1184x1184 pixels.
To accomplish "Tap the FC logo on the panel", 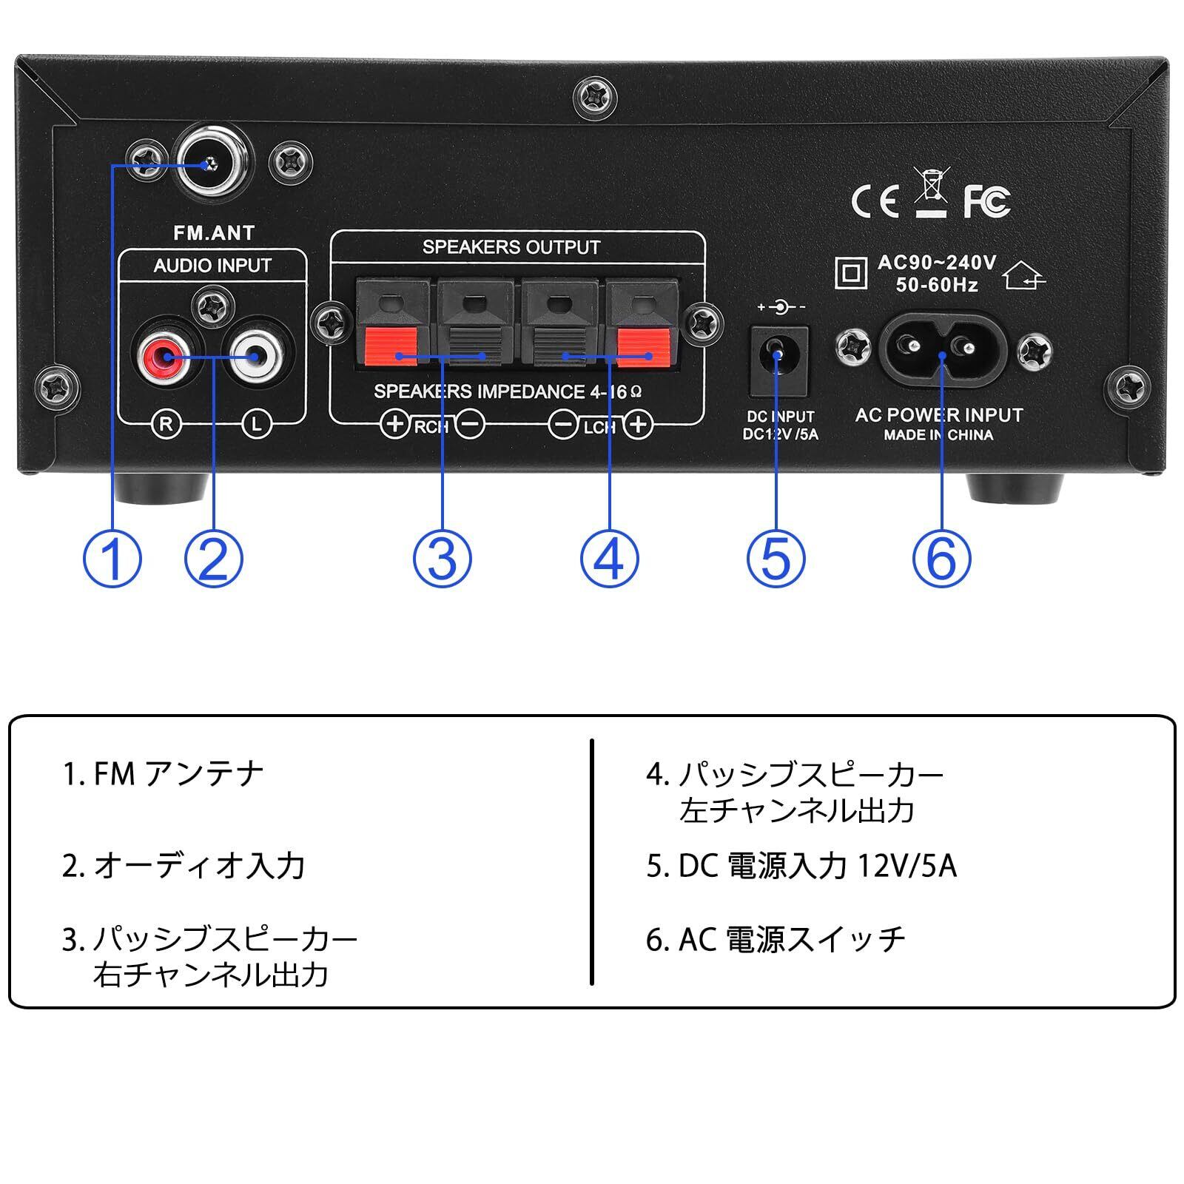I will click(986, 200).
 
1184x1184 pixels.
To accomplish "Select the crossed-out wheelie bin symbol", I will click(931, 192).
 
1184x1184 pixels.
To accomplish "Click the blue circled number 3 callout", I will click(442, 559).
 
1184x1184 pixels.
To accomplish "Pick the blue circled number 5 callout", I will click(776, 559).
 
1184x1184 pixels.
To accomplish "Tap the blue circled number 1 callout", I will click(112, 559).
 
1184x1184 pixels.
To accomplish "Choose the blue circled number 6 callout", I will click(941, 559).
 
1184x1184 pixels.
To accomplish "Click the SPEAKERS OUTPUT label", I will click(511, 247).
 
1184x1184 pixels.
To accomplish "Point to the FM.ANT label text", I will click(213, 233).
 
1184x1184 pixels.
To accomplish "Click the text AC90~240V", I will click(937, 263).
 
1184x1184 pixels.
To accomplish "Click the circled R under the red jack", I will click(166, 424).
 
